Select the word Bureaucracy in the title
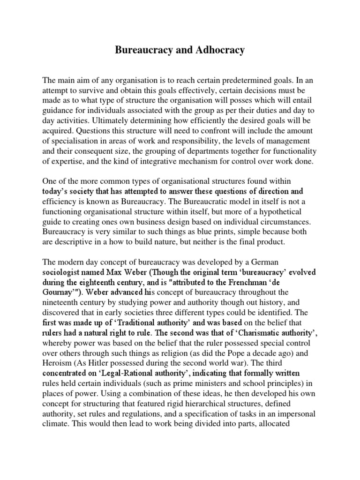pyautogui.click(x=145, y=50)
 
